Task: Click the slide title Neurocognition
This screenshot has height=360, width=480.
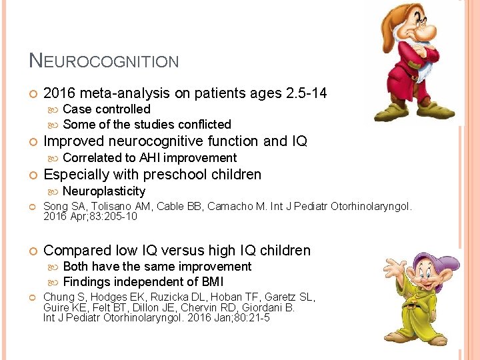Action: pyautogui.click(x=104, y=61)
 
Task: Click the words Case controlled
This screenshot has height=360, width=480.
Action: pyautogui.click(x=107, y=109)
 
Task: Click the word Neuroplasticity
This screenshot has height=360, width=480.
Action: pyautogui.click(x=103, y=191)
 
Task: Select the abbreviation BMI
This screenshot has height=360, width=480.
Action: pyautogui.click(x=210, y=282)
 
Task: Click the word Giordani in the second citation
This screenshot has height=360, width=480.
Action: pyautogui.click(x=276, y=308)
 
